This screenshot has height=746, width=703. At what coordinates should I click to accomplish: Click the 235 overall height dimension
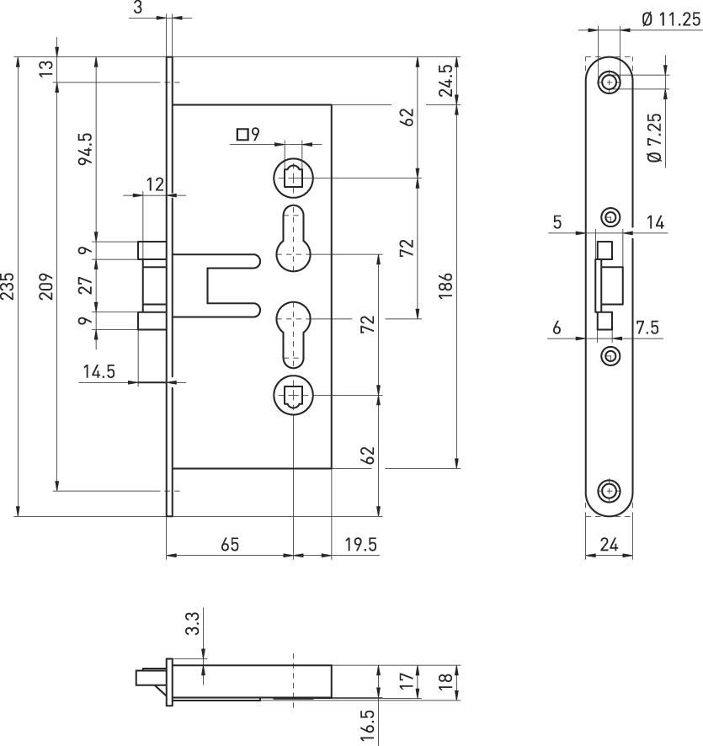click(7, 286)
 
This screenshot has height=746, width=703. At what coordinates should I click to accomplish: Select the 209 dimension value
click(46, 286)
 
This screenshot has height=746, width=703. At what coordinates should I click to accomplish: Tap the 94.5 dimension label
click(86, 149)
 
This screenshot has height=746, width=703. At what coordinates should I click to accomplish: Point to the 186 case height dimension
click(445, 285)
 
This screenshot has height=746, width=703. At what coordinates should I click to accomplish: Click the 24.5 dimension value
click(445, 80)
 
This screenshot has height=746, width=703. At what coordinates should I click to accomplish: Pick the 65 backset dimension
click(230, 544)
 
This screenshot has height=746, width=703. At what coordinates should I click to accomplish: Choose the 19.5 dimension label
click(360, 544)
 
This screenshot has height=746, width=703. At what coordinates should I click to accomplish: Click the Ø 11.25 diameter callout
click(671, 19)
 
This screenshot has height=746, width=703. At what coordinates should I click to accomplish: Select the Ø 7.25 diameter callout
click(655, 137)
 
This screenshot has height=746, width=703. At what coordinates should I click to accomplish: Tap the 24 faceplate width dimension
click(609, 544)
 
